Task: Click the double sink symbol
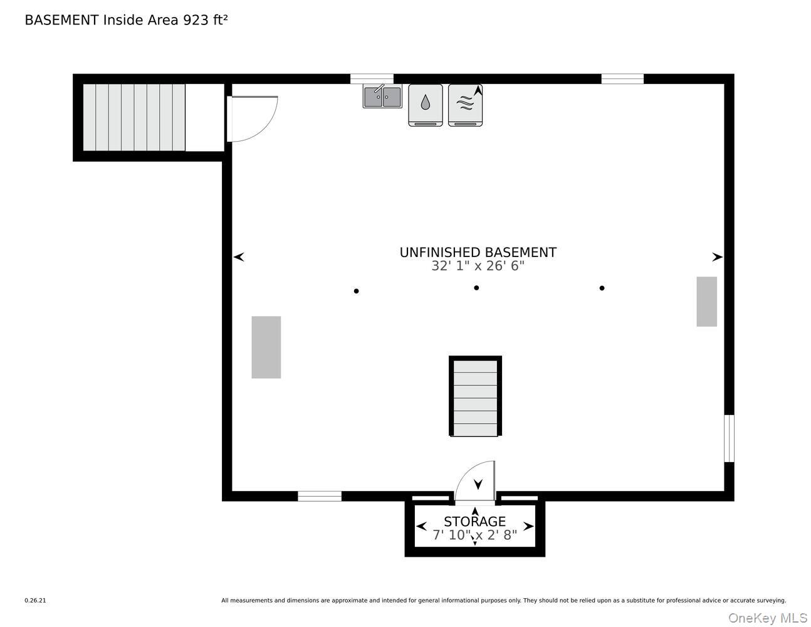tap(382, 97)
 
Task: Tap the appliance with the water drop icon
tap(426, 105)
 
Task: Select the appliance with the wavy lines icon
tap(465, 105)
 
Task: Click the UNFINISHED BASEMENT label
tap(478, 252)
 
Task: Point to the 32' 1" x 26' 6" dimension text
tap(478, 266)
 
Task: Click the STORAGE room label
tap(474, 521)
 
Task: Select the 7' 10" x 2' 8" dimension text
tap(474, 535)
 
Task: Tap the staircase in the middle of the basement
tap(475, 396)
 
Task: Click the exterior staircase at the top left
tap(134, 117)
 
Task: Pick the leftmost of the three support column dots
tap(356, 291)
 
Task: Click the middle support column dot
tap(476, 288)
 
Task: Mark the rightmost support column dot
tap(602, 288)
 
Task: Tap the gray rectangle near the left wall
tap(266, 347)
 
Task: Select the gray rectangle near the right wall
tap(706, 302)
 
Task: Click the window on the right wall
tap(729, 438)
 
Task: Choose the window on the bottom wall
tap(320, 497)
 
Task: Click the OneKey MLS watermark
tap(767, 618)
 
